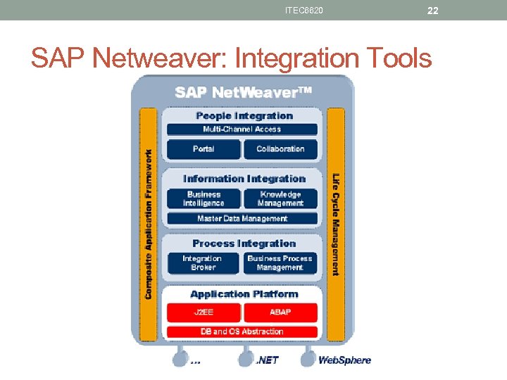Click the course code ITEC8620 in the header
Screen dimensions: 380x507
tap(304, 11)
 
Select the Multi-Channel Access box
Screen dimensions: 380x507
tap(242, 129)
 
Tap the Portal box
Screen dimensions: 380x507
tap(204, 149)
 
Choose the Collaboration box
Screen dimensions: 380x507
tap(280, 149)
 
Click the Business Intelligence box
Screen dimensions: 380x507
tap(204, 198)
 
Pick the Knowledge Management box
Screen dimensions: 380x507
tap(280, 198)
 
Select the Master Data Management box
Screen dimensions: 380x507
tap(242, 219)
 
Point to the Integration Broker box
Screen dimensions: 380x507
tap(204, 263)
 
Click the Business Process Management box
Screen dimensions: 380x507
tap(280, 263)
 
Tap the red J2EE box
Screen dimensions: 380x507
tap(204, 312)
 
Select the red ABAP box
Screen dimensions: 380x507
tap(280, 312)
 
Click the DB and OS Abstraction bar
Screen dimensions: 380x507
tap(242, 331)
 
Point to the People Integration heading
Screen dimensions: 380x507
tap(244, 115)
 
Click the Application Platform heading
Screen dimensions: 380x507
tap(244, 294)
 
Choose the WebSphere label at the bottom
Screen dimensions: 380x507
tap(344, 360)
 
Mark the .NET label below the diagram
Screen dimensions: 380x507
tap(267, 360)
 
